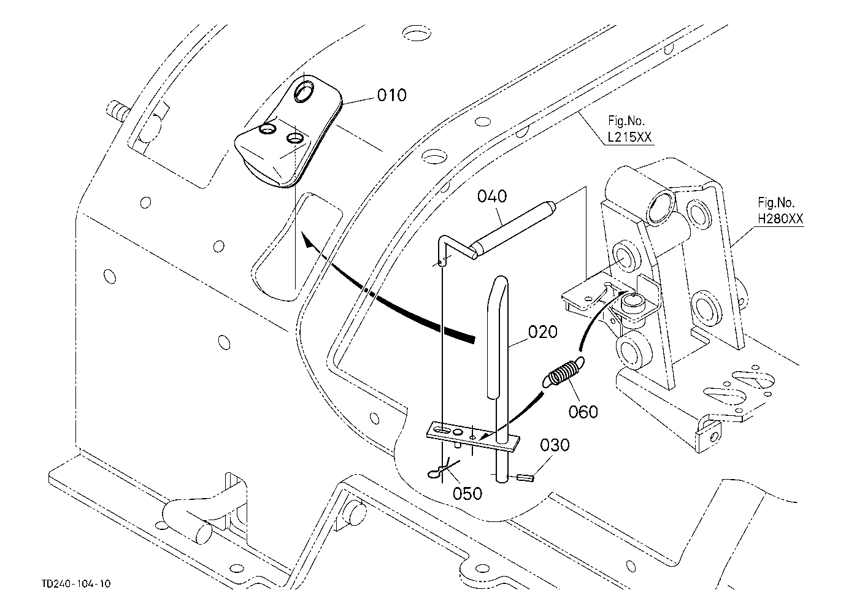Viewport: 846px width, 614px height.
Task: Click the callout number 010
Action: (391, 95)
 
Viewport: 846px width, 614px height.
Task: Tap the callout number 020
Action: (543, 332)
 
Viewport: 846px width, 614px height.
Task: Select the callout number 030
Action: (555, 445)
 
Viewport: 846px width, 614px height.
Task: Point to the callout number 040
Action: (492, 196)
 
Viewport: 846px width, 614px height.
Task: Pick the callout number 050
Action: (467, 494)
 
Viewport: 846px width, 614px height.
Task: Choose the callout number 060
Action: (583, 412)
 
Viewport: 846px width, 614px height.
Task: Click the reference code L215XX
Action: (629, 137)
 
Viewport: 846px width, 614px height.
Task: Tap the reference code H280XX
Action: (780, 218)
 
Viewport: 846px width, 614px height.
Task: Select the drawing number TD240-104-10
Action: (76, 584)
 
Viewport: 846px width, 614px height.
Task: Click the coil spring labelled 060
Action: (563, 372)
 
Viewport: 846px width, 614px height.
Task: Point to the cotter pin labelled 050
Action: (442, 469)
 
